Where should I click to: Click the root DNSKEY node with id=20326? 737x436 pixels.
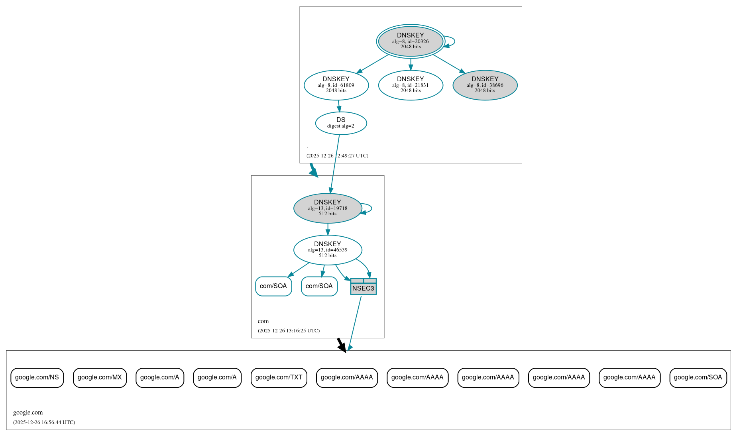pyautogui.click(x=410, y=41)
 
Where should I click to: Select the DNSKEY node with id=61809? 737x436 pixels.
pyautogui.click(x=336, y=85)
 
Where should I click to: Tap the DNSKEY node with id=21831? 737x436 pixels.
pyautogui.click(x=410, y=85)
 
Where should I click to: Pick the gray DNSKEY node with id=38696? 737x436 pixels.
pyautogui.click(x=485, y=85)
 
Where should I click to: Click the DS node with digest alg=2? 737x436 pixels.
pyautogui.click(x=341, y=123)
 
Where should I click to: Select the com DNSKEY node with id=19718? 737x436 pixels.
pyautogui.click(x=327, y=208)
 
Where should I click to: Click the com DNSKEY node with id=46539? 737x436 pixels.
pyautogui.click(x=327, y=250)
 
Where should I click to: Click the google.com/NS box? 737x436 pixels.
pyautogui.click(x=37, y=377)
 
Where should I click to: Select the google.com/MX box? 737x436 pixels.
pyautogui.click(x=100, y=377)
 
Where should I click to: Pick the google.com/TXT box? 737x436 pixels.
pyautogui.click(x=279, y=377)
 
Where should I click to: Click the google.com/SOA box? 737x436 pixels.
pyautogui.click(x=698, y=377)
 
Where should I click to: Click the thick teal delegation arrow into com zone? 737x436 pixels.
pyautogui.click(x=314, y=170)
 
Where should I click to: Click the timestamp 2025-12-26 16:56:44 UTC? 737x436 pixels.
pyautogui.click(x=44, y=422)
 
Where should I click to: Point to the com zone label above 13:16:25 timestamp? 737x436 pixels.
pyautogui.click(x=263, y=321)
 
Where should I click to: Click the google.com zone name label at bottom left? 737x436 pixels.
pyautogui.click(x=28, y=412)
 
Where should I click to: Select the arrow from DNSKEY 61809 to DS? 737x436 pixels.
pyautogui.click(x=339, y=106)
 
